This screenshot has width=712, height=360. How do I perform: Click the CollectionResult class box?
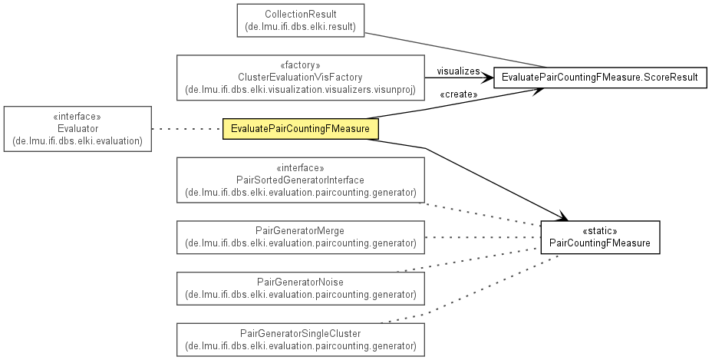(x=301, y=21)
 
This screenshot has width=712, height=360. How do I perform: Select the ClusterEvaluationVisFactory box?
(x=301, y=78)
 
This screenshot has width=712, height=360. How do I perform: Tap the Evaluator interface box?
(x=77, y=129)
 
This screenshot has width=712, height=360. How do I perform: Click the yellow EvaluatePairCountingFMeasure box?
(x=301, y=129)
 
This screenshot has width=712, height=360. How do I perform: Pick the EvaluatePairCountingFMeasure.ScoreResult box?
(x=600, y=78)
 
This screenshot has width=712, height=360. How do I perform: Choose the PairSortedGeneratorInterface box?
(x=301, y=180)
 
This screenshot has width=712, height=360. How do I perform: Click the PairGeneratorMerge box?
(x=301, y=237)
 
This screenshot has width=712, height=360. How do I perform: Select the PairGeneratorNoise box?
(x=301, y=289)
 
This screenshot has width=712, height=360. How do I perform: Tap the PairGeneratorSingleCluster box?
(x=301, y=339)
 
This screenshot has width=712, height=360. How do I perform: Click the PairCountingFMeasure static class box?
(x=600, y=237)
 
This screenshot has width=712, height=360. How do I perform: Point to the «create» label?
(x=459, y=94)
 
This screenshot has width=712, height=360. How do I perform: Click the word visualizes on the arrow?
(x=458, y=71)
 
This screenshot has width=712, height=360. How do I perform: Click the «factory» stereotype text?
(x=301, y=65)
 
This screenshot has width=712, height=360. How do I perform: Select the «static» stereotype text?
(x=600, y=231)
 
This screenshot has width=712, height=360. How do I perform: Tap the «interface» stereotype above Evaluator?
(x=77, y=117)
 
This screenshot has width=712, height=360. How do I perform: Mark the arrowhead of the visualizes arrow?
(x=488, y=78)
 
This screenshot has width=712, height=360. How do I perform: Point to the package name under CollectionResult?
(x=301, y=26)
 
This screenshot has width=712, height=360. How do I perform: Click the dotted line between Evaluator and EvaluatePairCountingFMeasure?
(x=187, y=129)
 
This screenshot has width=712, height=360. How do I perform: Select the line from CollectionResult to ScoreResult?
(x=456, y=50)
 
